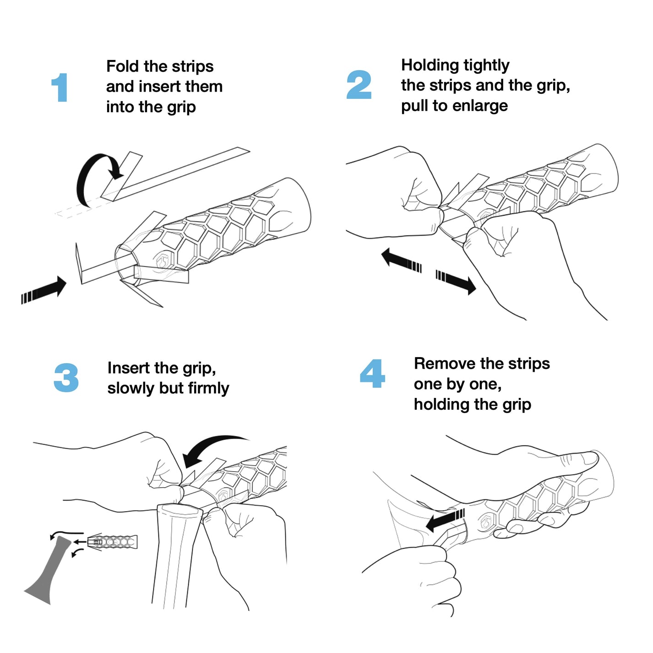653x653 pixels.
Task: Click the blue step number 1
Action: click(x=60, y=87)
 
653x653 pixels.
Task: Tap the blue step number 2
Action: click(x=359, y=85)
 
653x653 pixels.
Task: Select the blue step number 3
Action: click(x=66, y=378)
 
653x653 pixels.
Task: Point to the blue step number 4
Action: click(x=372, y=374)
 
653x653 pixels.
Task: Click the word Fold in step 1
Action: click(x=123, y=66)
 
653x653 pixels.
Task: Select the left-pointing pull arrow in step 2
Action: click(x=401, y=260)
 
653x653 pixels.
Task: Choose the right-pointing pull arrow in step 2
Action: click(x=456, y=282)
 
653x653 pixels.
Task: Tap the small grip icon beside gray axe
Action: click(x=112, y=542)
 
